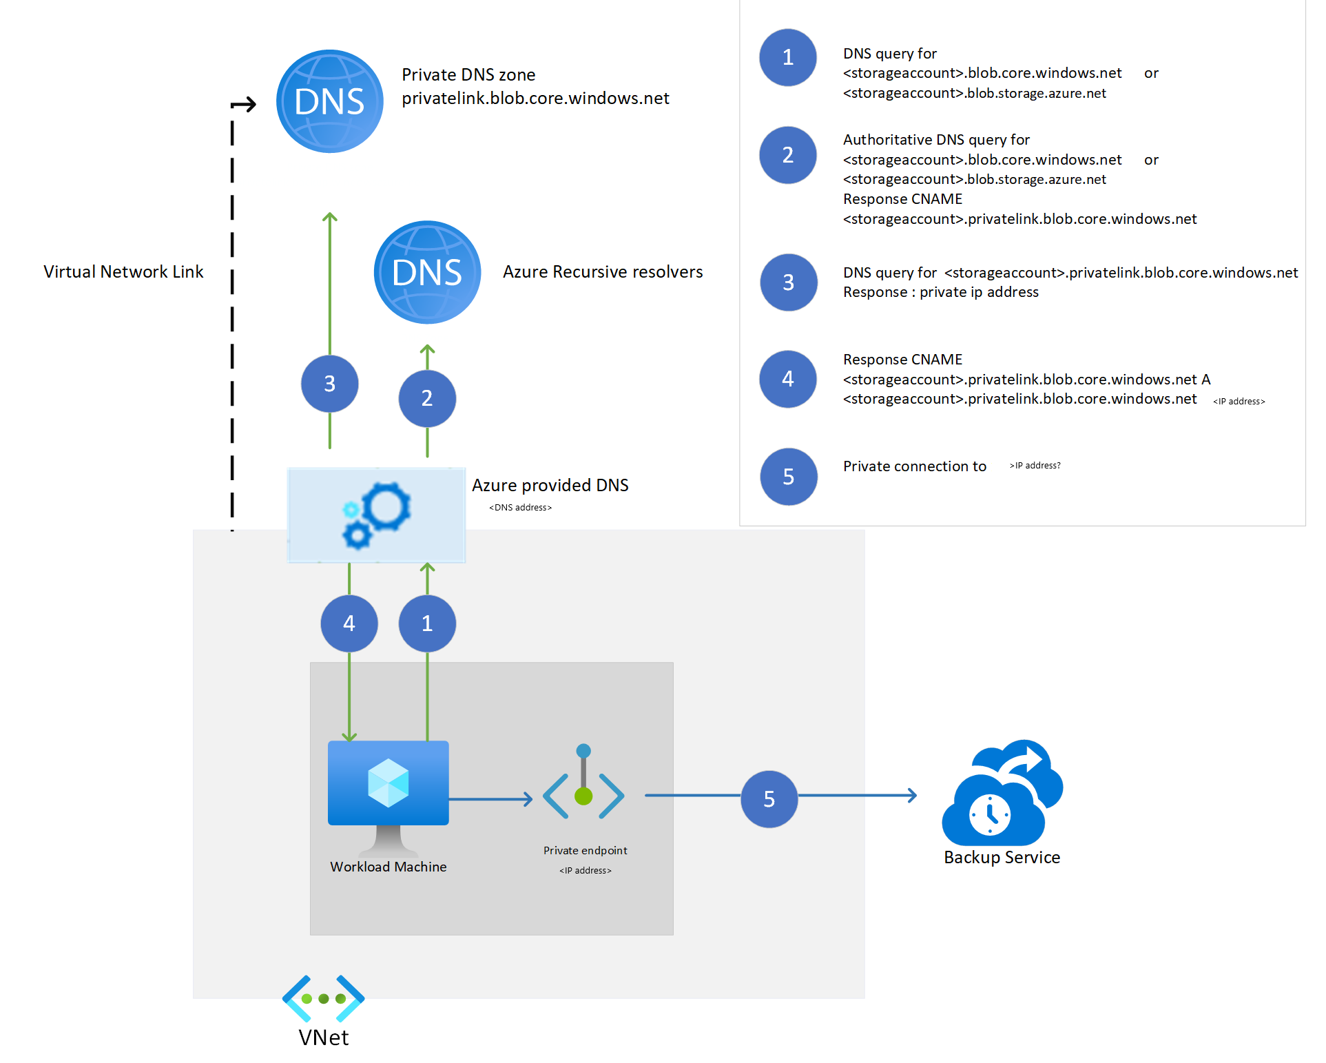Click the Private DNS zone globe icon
[330, 101]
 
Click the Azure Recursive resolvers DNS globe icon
[427, 272]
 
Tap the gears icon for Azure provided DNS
[377, 515]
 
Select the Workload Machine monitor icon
[389, 792]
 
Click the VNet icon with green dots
[323, 998]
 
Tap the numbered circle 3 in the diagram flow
[329, 384]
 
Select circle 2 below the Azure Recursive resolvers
[427, 398]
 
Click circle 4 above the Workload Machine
[349, 623]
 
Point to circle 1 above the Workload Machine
[427, 623]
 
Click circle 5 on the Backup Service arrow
[769, 799]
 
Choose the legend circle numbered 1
[788, 58]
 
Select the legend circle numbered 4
[788, 379]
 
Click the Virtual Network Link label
[123, 272]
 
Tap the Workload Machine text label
[389, 867]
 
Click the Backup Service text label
[1002, 858]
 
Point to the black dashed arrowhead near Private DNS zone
[246, 105]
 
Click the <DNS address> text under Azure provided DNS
[520, 508]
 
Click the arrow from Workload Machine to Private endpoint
[490, 799]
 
